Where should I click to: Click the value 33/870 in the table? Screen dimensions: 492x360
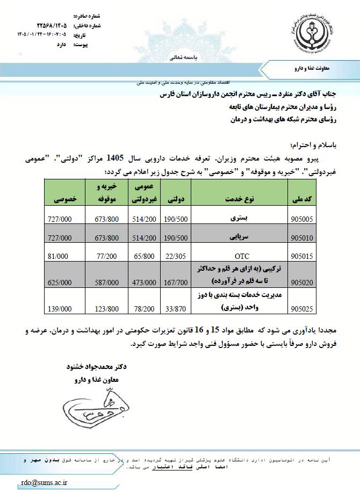pyautogui.click(x=173, y=310)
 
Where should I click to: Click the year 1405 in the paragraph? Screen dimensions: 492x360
pyautogui.click(x=117, y=158)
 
